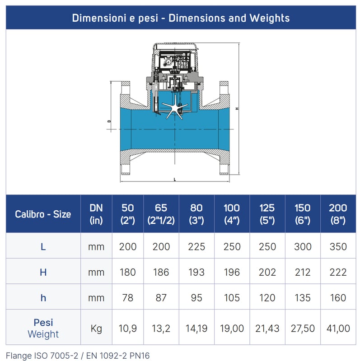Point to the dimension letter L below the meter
click(x=175, y=180)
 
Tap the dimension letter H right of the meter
click(x=237, y=108)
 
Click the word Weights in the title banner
click(x=270, y=18)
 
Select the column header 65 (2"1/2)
click(x=161, y=214)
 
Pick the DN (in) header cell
click(x=96, y=214)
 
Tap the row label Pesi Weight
click(x=43, y=329)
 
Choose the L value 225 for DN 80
click(x=196, y=246)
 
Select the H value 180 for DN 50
click(x=128, y=272)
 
